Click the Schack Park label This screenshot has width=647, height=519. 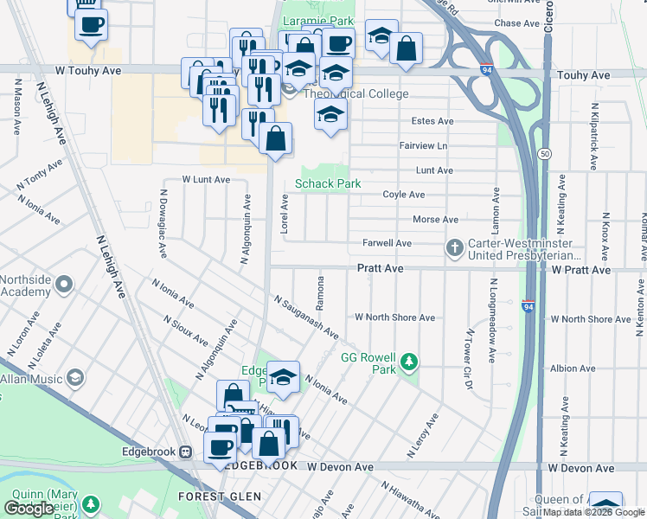pyautogui.click(x=328, y=183)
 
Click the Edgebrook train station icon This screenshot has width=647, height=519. pyautogui.click(x=185, y=452)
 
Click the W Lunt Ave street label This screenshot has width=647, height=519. pyautogui.click(x=206, y=180)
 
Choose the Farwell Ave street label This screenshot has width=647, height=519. pyautogui.click(x=387, y=244)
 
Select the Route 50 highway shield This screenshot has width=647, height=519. pyautogui.click(x=543, y=153)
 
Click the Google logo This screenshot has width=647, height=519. pyautogui.click(x=29, y=509)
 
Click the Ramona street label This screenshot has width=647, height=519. pyautogui.click(x=320, y=294)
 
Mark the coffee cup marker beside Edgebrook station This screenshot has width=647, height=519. pyautogui.click(x=221, y=445)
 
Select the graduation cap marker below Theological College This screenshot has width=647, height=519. pyautogui.click(x=330, y=114)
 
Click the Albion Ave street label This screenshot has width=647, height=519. pyautogui.click(x=573, y=368)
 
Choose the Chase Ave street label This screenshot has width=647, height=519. pyautogui.click(x=517, y=23)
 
